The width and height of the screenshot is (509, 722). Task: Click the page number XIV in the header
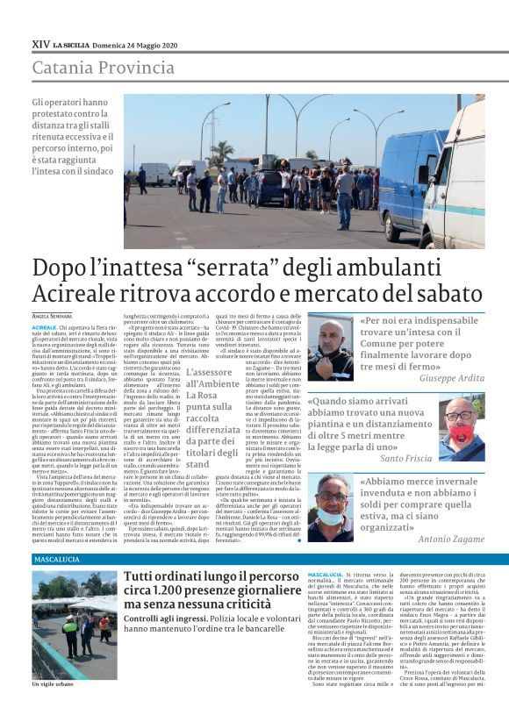tap(40, 43)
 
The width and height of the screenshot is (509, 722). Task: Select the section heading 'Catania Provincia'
tap(103, 68)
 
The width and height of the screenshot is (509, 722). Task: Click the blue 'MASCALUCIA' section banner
tap(56, 559)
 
